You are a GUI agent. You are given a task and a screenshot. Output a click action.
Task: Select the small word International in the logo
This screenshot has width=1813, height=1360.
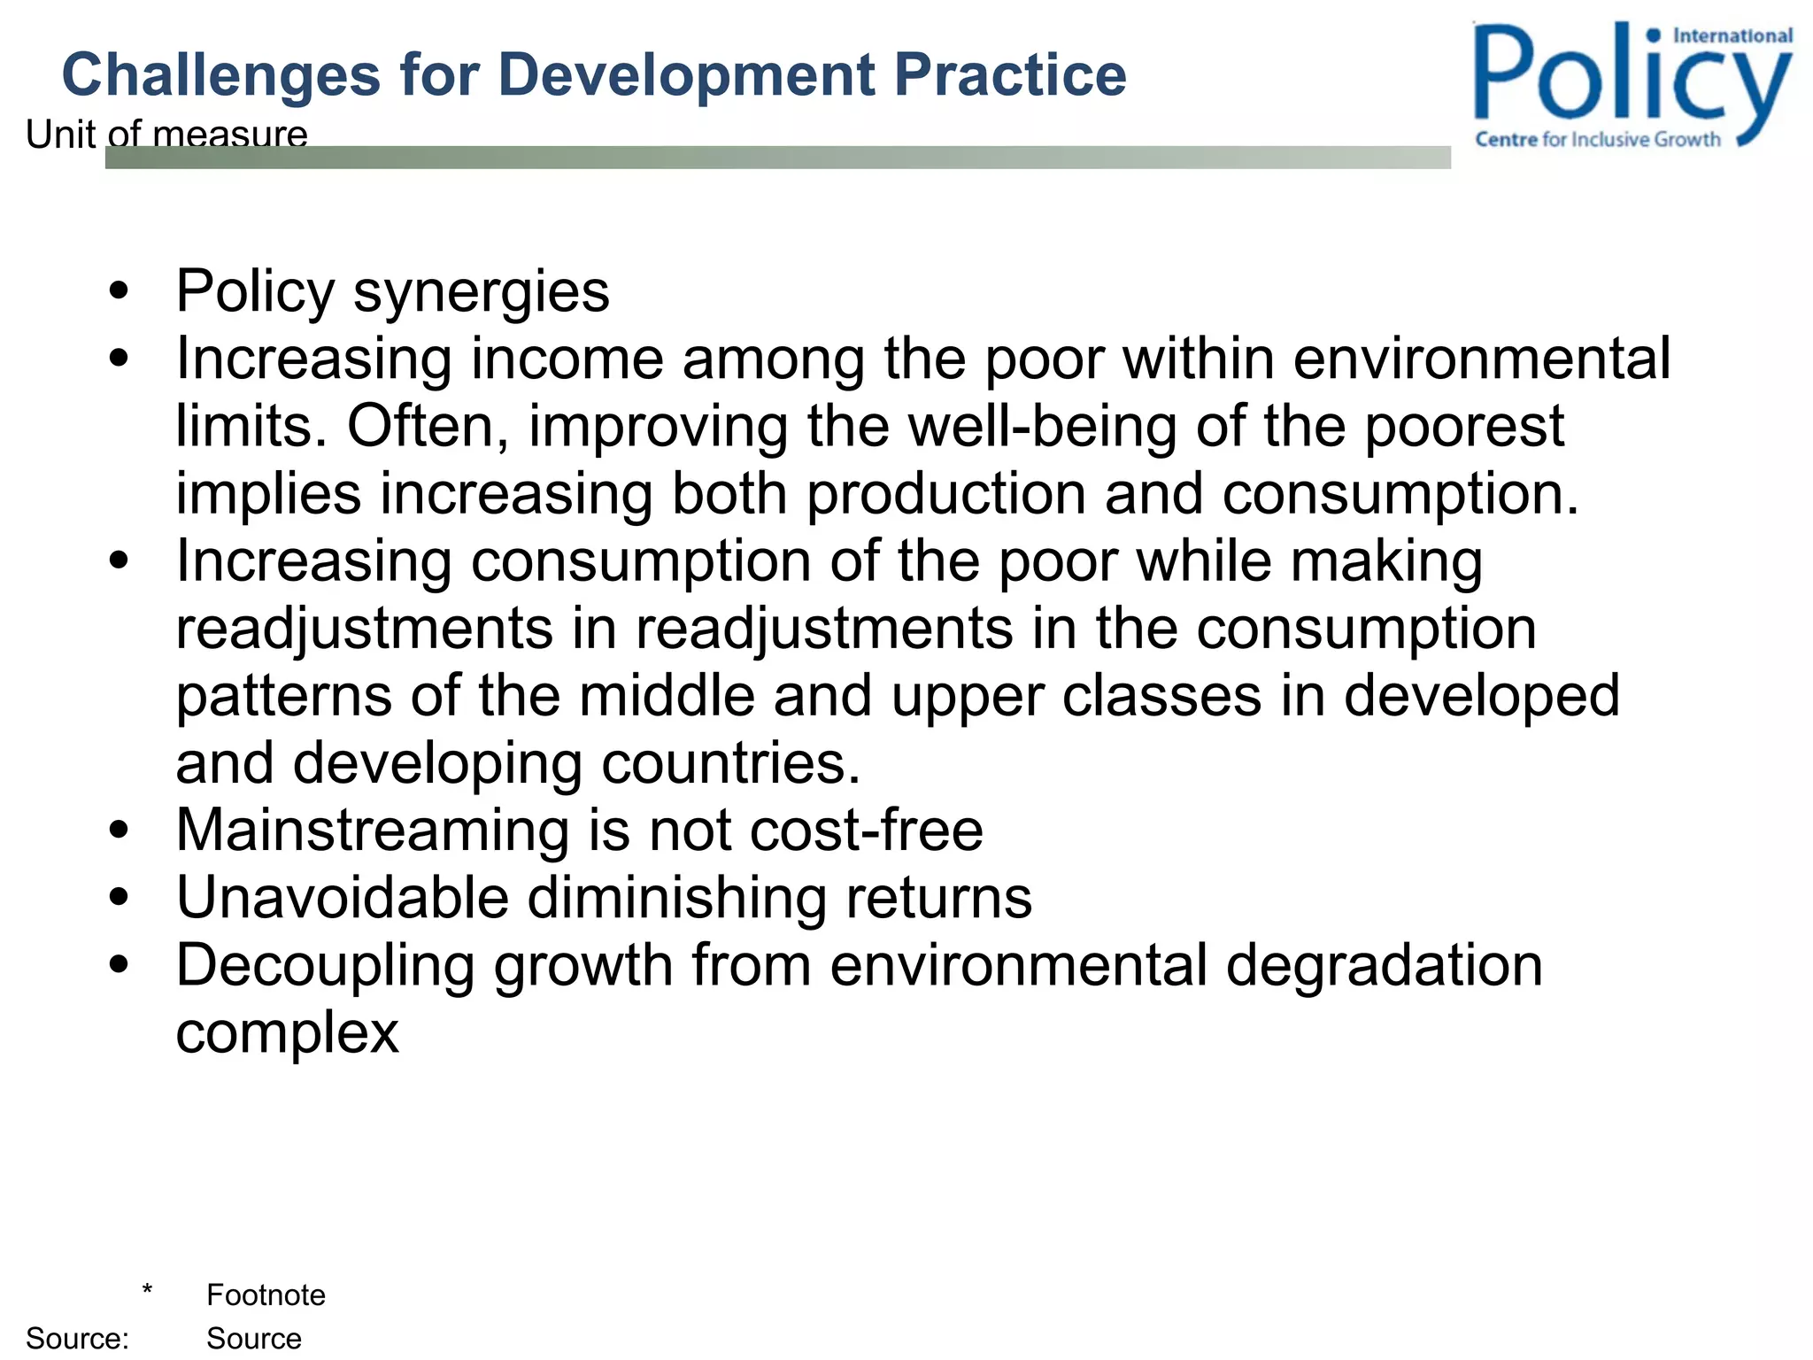click(x=1732, y=36)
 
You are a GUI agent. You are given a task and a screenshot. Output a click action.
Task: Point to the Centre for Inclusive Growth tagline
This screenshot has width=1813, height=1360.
click(x=1598, y=140)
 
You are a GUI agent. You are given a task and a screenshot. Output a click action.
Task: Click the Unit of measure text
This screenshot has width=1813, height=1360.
click(x=166, y=135)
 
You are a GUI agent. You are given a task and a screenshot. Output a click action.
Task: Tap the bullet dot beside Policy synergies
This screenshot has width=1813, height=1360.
click(x=119, y=290)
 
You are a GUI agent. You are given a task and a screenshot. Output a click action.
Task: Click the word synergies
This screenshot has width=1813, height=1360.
click(x=482, y=292)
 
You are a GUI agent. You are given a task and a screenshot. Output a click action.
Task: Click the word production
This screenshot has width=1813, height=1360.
click(x=945, y=493)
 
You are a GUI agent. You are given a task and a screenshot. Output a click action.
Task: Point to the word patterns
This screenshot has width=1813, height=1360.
click(x=284, y=697)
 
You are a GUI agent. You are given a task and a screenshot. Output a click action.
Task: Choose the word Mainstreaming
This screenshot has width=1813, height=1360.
click(x=373, y=831)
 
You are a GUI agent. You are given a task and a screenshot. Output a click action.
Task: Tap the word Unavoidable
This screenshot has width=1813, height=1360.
click(x=343, y=898)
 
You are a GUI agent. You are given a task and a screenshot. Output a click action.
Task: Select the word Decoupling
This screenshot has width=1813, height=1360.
click(x=325, y=966)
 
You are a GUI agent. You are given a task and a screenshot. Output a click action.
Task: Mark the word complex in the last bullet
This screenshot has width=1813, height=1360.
click(x=287, y=1032)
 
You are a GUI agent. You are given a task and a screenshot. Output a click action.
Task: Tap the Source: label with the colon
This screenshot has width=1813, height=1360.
click(x=77, y=1339)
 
